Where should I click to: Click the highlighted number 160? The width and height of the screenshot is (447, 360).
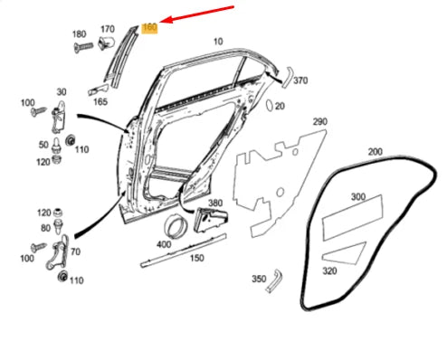(150, 28)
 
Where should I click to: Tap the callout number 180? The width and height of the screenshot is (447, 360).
(78, 33)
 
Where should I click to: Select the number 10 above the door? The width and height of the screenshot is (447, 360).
(217, 42)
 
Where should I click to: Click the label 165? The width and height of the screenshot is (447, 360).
(100, 103)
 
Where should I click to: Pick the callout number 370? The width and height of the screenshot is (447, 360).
(300, 81)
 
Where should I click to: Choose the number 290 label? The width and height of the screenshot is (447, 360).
(319, 121)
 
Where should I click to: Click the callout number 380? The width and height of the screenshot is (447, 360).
(214, 204)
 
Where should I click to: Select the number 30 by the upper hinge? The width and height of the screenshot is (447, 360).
(62, 92)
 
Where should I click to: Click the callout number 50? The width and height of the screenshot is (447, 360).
(43, 145)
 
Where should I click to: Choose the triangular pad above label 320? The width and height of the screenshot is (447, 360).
(347, 251)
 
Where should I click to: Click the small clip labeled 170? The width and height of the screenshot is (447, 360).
(109, 42)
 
